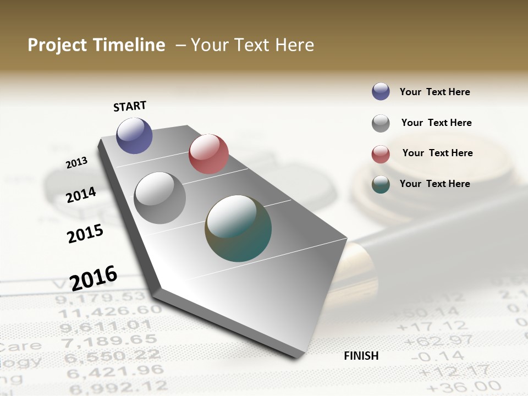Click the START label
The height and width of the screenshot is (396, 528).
[x=130, y=106]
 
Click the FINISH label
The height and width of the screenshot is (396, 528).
[x=361, y=356]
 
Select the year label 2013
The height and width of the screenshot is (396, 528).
[x=77, y=162]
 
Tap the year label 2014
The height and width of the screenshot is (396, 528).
[x=81, y=195]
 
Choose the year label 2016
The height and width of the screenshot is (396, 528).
[x=94, y=278]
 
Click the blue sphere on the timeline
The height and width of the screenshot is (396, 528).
[x=134, y=135]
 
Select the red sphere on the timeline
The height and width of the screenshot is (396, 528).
[x=208, y=154]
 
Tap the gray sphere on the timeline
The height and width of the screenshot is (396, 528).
[x=160, y=198]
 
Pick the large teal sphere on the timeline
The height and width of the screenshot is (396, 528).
[x=238, y=228]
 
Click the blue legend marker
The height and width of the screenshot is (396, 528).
[x=381, y=91]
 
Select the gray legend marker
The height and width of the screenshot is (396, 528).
[x=381, y=123]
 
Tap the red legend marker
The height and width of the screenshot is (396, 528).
[x=381, y=154]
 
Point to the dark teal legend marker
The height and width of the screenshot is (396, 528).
[x=381, y=184]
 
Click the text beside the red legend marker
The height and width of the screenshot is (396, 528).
[x=437, y=153]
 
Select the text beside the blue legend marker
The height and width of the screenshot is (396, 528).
[x=435, y=92]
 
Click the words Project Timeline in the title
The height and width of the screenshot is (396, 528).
[x=96, y=45]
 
